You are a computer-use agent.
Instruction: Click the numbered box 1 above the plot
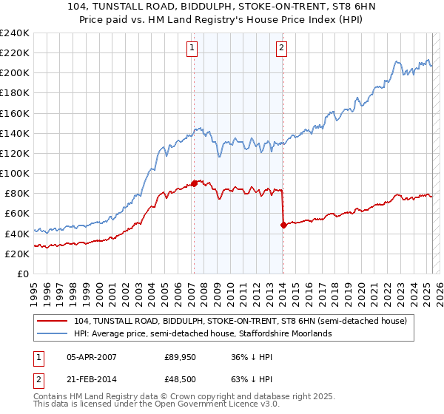192,49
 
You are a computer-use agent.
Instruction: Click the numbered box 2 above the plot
282,49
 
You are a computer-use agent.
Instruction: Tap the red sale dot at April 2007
194,183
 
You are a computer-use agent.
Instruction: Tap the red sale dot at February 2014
283,225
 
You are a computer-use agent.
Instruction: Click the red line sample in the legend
53,321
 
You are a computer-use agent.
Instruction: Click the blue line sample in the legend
53,333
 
